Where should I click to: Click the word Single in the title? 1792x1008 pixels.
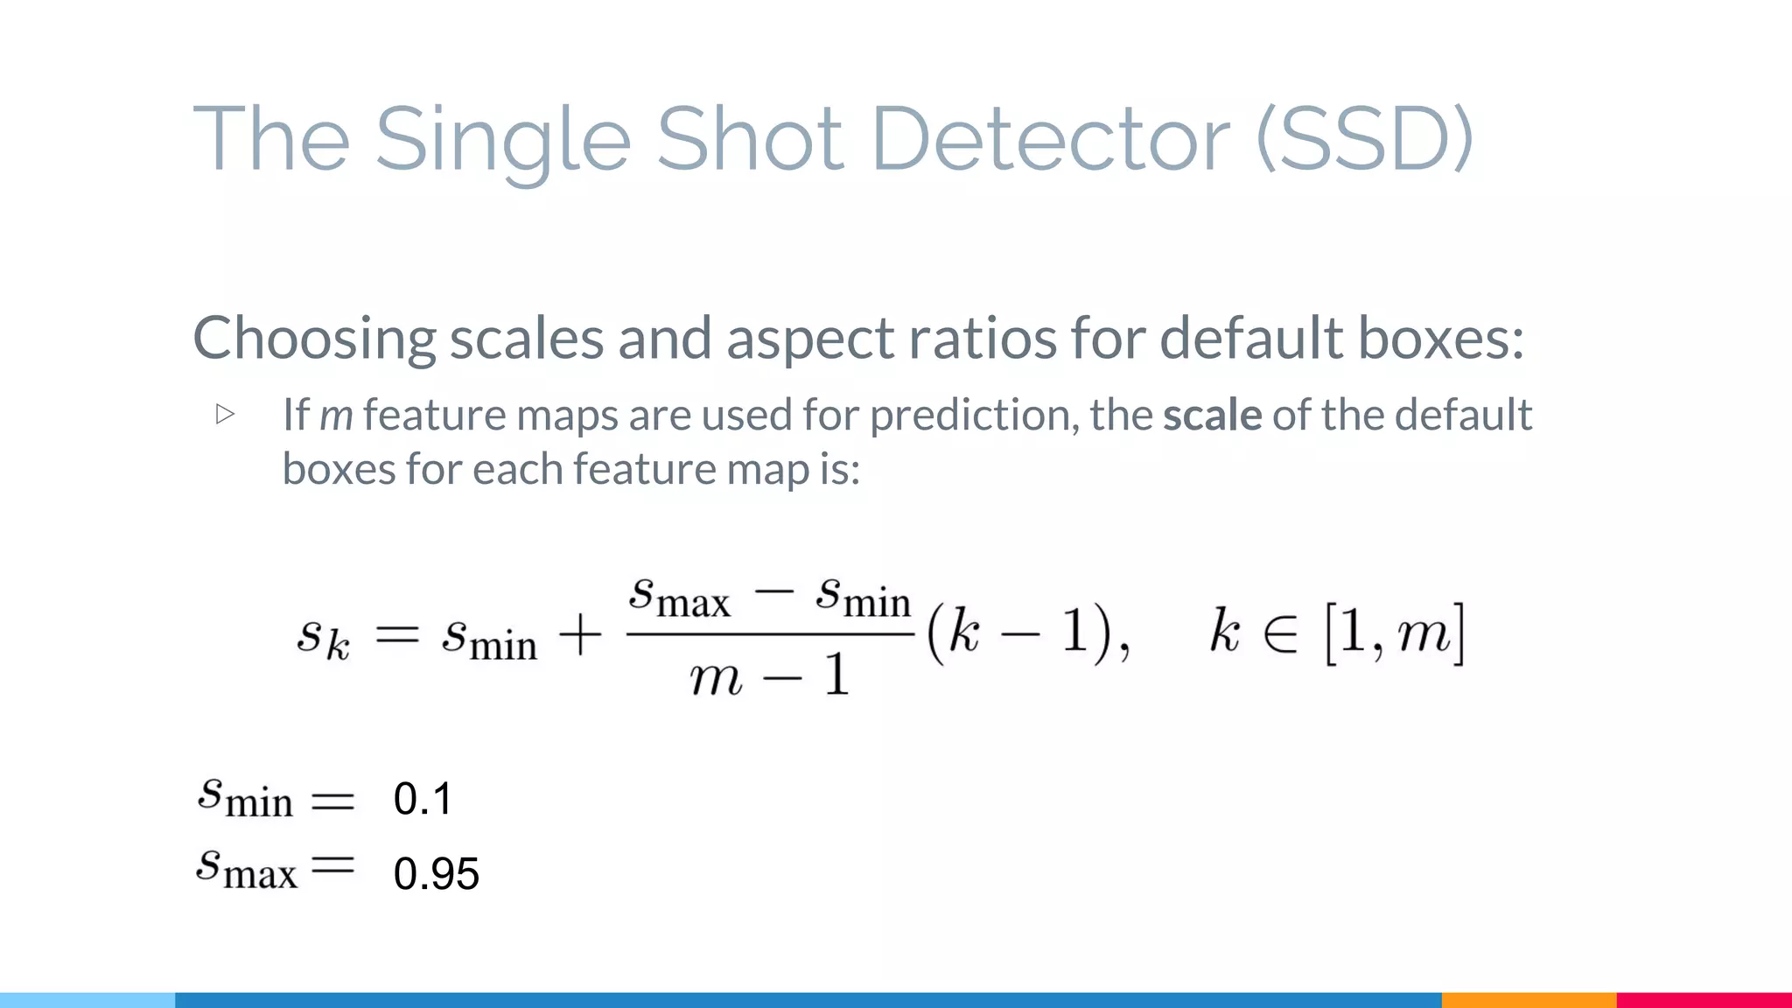click(x=502, y=140)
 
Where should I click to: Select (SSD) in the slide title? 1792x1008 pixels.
click(x=1365, y=140)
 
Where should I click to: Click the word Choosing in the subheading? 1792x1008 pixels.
click(x=313, y=339)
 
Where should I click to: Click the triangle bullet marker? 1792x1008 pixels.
click(x=225, y=414)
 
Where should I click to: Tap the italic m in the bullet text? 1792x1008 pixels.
click(x=336, y=416)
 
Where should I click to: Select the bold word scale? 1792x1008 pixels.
click(x=1212, y=415)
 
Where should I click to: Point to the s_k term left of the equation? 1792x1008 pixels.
click(x=323, y=636)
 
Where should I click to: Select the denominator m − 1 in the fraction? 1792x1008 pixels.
click(x=769, y=676)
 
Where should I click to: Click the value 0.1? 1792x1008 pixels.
click(x=423, y=799)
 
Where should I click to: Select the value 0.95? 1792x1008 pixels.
click(x=436, y=873)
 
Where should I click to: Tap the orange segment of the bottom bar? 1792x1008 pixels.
click(x=1529, y=999)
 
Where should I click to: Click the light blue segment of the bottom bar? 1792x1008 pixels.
click(x=87, y=999)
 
